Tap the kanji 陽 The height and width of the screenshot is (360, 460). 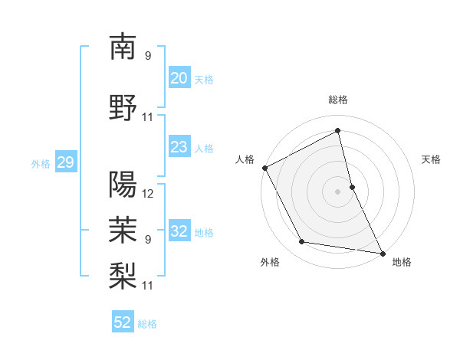click(123, 184)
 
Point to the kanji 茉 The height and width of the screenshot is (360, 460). click(123, 228)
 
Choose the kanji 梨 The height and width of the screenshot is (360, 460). click(123, 274)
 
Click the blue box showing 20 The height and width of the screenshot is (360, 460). click(179, 78)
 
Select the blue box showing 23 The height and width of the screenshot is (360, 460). click(179, 147)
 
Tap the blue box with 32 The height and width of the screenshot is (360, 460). click(179, 232)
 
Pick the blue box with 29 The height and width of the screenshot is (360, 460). click(65, 162)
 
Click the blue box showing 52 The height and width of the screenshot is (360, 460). click(123, 322)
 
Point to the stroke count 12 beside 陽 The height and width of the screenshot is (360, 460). click(148, 193)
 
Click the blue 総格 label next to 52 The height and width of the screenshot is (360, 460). click(147, 324)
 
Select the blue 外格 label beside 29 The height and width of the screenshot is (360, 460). click(41, 163)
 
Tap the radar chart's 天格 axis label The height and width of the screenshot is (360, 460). click(431, 159)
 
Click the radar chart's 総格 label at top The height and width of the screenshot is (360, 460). click(338, 100)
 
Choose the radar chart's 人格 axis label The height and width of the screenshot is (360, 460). click(245, 159)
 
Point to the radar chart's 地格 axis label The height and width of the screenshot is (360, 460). click(402, 262)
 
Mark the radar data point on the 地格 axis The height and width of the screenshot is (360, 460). click(382, 252)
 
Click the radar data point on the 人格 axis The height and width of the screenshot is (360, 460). click(264, 168)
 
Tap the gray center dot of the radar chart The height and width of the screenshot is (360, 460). click(338, 191)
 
